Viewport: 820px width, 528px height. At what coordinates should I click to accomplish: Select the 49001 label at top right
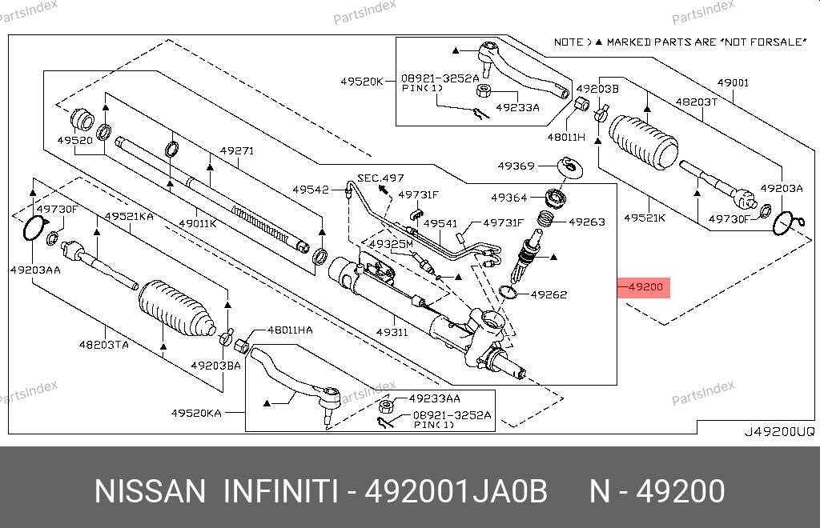click(733, 83)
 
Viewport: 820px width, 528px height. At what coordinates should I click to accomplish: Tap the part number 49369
click(516, 166)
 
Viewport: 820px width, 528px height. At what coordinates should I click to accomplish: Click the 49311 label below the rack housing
click(392, 331)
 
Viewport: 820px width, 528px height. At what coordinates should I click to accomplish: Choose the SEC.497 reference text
click(380, 178)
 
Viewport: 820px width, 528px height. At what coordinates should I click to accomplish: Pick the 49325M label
click(390, 243)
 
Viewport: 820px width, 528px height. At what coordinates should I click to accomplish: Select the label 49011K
click(197, 224)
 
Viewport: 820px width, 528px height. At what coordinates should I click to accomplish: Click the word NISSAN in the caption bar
click(150, 491)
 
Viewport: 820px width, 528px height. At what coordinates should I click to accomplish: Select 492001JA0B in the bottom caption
click(456, 491)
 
